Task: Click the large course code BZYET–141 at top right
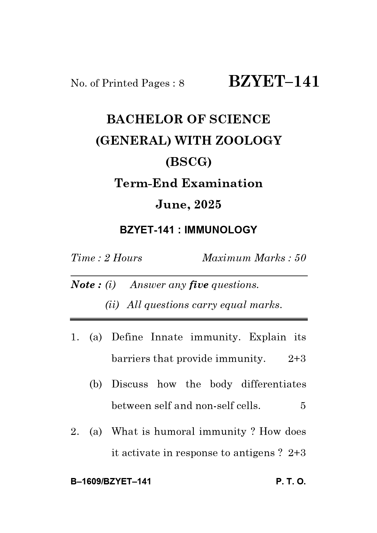point(274,82)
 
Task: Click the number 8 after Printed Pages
point(181,83)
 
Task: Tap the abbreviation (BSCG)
point(188,162)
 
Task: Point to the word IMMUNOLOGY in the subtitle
point(221,230)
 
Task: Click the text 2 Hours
point(123,258)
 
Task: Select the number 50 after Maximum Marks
point(300,258)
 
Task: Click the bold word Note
point(84,285)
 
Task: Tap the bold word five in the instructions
point(199,285)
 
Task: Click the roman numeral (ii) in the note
point(112,305)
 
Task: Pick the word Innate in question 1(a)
point(167,337)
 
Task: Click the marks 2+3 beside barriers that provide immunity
point(297,359)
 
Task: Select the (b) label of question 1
point(95,384)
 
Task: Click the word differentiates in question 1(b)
point(273,384)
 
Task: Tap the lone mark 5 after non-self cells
point(303,406)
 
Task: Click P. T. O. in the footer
point(291,482)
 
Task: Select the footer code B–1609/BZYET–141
point(111,482)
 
